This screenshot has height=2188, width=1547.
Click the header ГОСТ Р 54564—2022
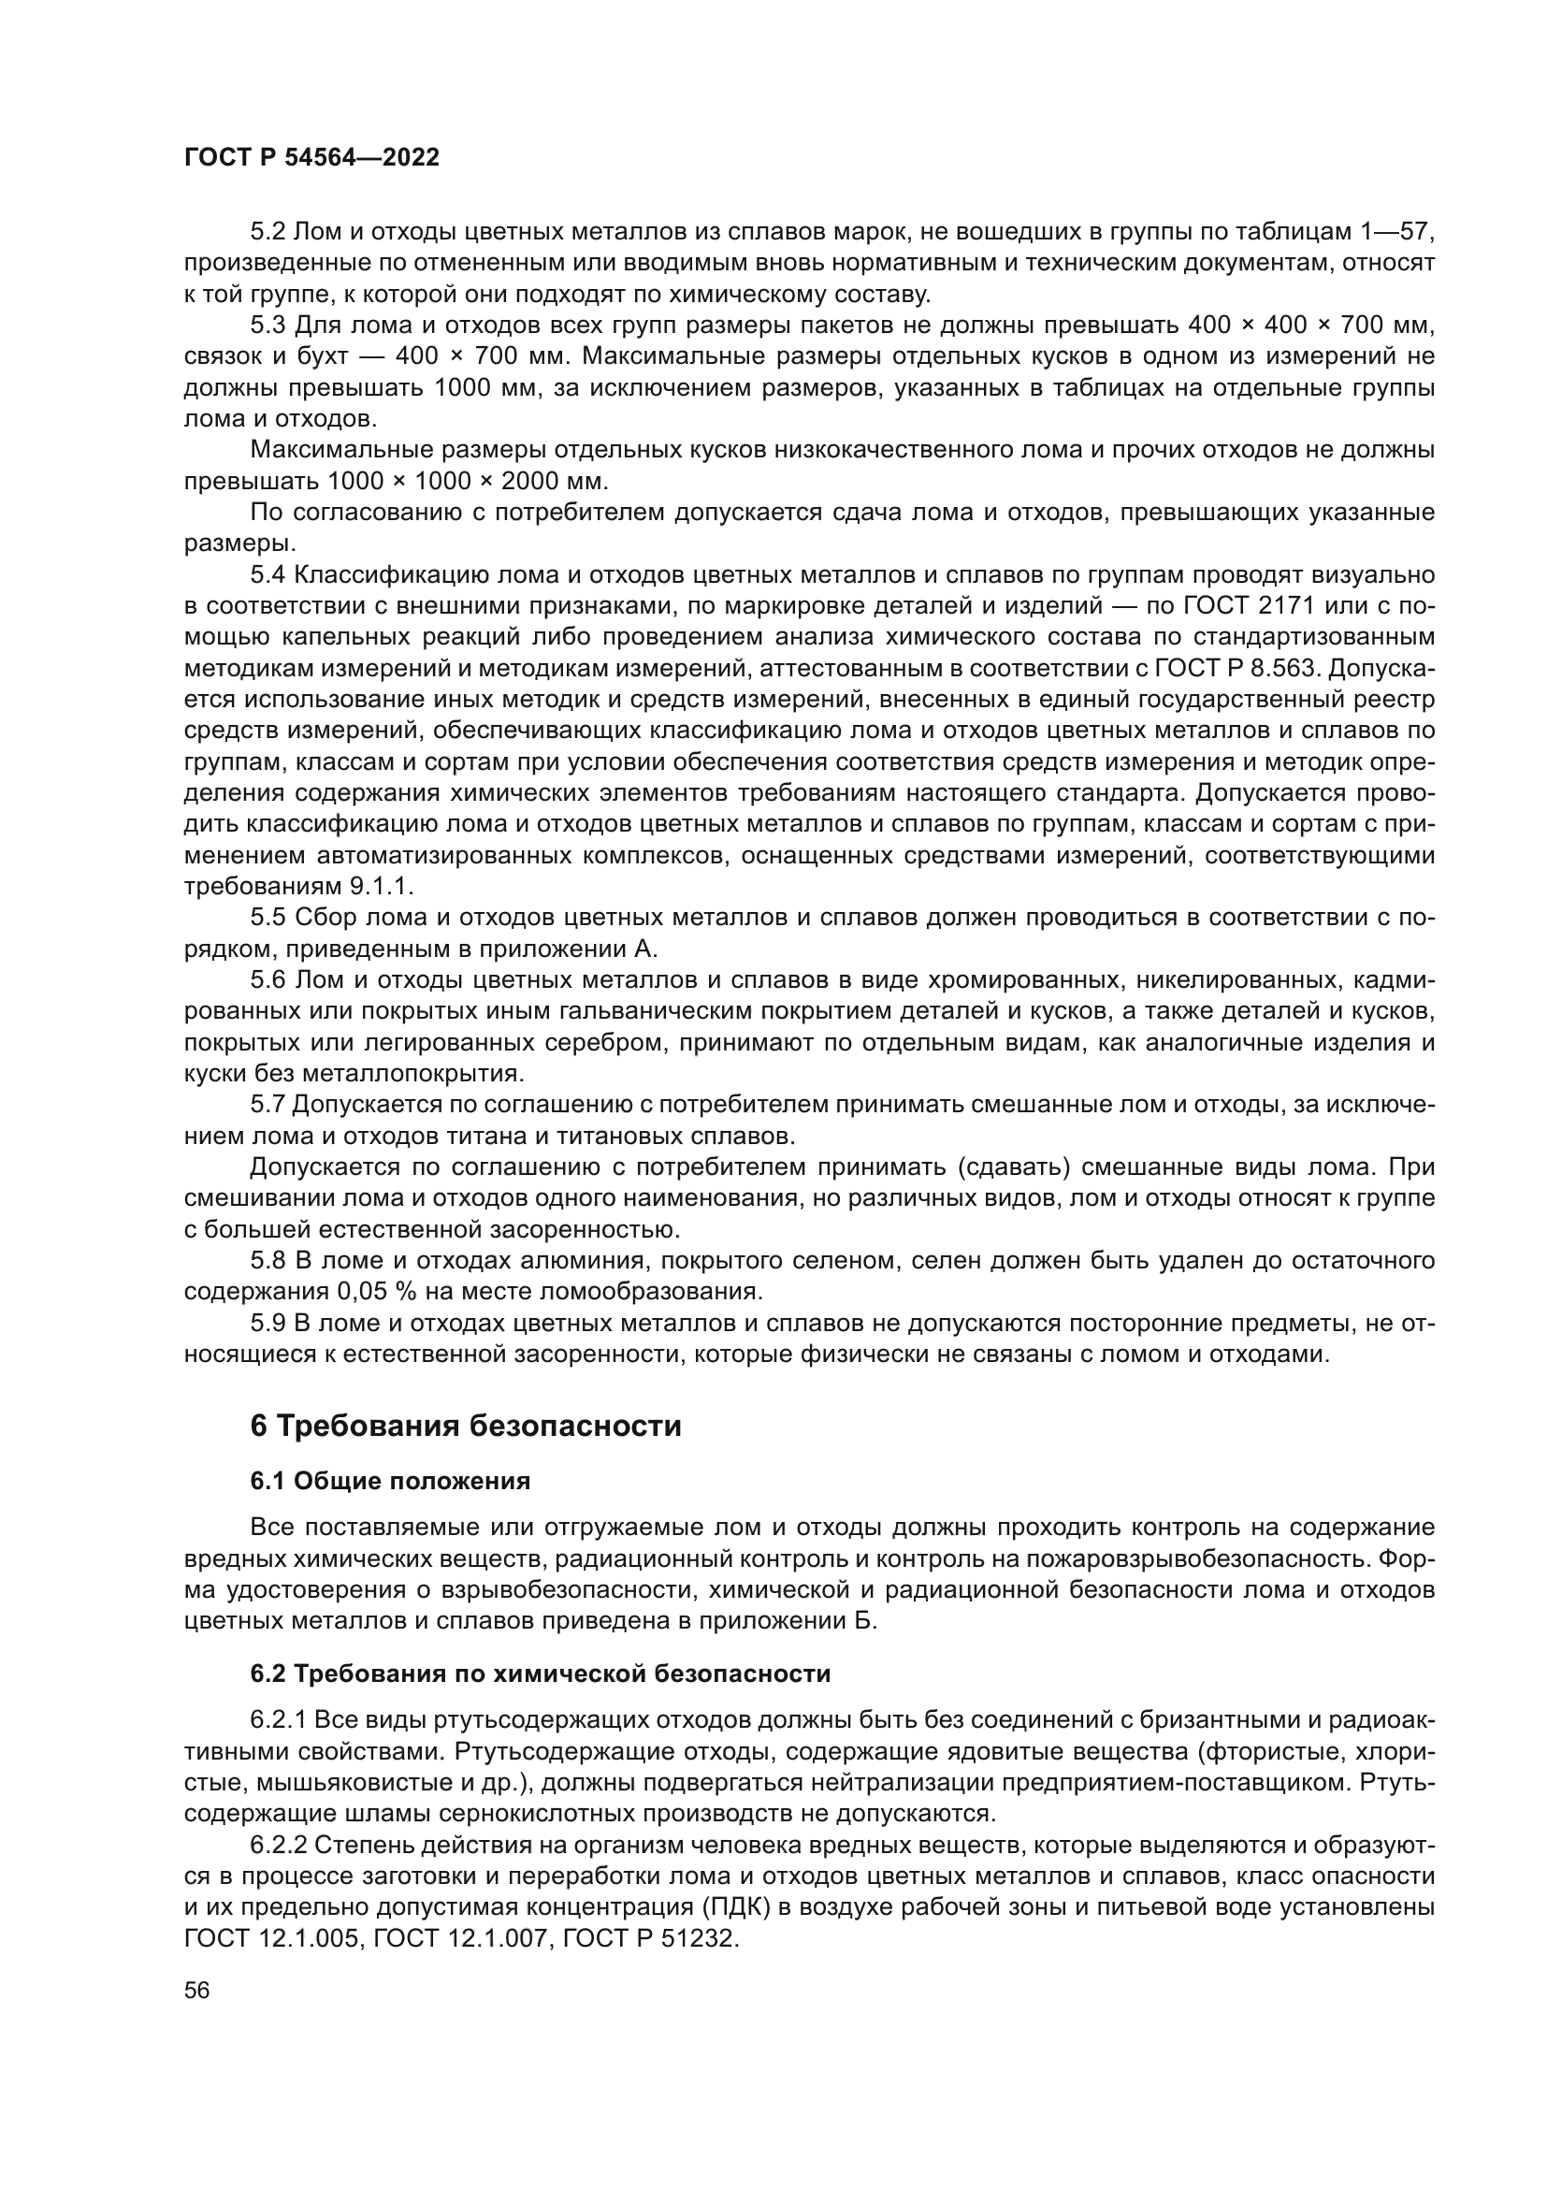[311, 158]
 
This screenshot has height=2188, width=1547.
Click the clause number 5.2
[267, 233]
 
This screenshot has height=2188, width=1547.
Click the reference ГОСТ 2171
[1247, 606]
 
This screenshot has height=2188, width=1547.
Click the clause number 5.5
[267, 918]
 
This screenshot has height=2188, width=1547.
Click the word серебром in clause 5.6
[604, 1042]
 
